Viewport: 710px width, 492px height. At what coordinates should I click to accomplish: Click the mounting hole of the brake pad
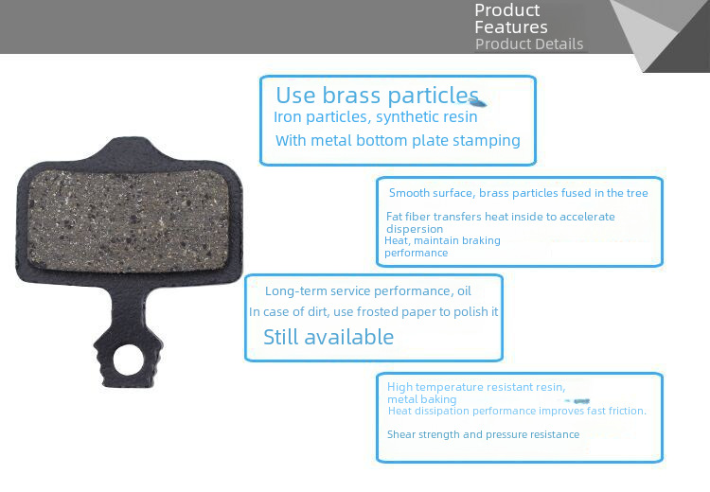coord(129,360)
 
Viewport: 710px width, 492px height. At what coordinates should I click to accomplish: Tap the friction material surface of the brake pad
coord(129,221)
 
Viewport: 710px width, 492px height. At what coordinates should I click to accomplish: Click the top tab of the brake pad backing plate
coord(129,149)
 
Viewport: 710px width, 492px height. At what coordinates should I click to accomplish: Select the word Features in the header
coord(511,27)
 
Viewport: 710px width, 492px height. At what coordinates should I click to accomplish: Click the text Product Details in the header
coord(529,44)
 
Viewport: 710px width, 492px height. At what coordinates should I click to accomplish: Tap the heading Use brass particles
coord(377,96)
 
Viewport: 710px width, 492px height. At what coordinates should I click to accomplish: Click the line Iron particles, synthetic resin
coord(376,117)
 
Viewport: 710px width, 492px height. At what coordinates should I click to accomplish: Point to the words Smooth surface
coord(430,193)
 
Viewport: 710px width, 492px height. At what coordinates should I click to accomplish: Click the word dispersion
coord(415,229)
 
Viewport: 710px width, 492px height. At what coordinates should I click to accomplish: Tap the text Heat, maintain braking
coord(442,240)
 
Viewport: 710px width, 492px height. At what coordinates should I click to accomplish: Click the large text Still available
coord(328,337)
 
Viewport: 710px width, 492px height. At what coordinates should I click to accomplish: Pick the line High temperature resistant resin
coord(476,387)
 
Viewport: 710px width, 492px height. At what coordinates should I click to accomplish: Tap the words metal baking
coord(422,399)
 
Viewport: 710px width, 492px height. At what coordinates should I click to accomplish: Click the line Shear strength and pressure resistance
coord(483,434)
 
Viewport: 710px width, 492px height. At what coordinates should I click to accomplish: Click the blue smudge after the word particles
coord(478,103)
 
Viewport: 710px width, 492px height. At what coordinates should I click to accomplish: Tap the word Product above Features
coord(507,10)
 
